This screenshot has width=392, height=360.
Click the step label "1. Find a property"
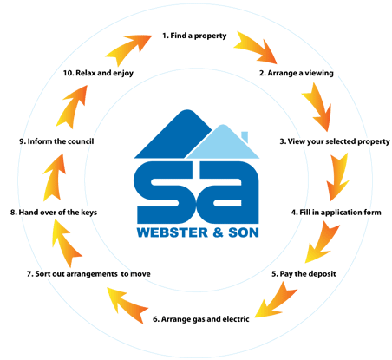(x=194, y=36)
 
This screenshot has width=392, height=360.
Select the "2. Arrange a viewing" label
(x=296, y=73)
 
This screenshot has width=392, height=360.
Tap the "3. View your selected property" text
(x=335, y=141)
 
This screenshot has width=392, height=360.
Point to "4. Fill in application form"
(x=336, y=213)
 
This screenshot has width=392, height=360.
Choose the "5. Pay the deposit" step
(x=304, y=274)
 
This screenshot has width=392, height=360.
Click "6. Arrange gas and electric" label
(x=201, y=319)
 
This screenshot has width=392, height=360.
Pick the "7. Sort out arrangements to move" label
(x=88, y=274)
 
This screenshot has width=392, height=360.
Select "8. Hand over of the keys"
(x=54, y=213)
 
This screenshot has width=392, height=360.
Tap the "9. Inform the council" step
(x=56, y=141)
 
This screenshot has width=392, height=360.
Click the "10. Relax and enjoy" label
(x=98, y=73)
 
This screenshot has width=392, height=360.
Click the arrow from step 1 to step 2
(x=254, y=49)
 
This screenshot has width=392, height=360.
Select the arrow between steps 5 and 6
(x=277, y=301)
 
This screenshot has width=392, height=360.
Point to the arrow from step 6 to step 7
(x=127, y=304)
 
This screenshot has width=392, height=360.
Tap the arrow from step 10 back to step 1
(x=128, y=49)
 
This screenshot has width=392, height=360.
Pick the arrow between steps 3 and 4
(x=337, y=177)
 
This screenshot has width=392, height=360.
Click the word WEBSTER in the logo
(x=173, y=232)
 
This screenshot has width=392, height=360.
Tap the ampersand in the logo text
(x=219, y=232)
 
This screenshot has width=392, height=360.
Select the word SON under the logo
(x=244, y=232)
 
